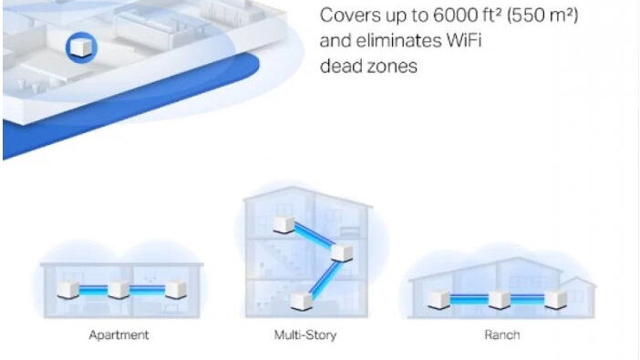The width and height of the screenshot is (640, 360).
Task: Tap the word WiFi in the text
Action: [464, 41]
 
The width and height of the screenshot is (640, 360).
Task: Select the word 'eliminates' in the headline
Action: [398, 41]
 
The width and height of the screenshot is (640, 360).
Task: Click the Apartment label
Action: [119, 335]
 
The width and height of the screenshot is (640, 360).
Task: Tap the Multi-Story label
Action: [305, 335]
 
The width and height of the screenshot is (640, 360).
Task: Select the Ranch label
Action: [502, 335]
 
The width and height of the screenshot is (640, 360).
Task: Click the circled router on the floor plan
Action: [81, 47]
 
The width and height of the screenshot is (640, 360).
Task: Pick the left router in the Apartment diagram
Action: [67, 290]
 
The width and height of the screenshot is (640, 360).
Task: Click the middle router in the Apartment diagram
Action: [119, 290]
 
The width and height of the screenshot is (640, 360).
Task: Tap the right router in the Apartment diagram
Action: [176, 290]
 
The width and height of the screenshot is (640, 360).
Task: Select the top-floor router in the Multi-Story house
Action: [284, 224]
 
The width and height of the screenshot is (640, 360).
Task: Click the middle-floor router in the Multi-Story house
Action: [342, 252]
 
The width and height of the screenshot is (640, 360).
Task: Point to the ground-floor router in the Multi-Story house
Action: [302, 302]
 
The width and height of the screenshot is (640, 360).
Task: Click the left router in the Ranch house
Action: [439, 300]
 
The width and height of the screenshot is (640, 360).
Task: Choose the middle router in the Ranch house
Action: [500, 300]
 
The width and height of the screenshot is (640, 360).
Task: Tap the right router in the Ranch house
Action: [556, 300]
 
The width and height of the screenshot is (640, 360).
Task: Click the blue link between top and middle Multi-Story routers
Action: [314, 235]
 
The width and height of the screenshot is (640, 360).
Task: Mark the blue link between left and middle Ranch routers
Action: [469, 299]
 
